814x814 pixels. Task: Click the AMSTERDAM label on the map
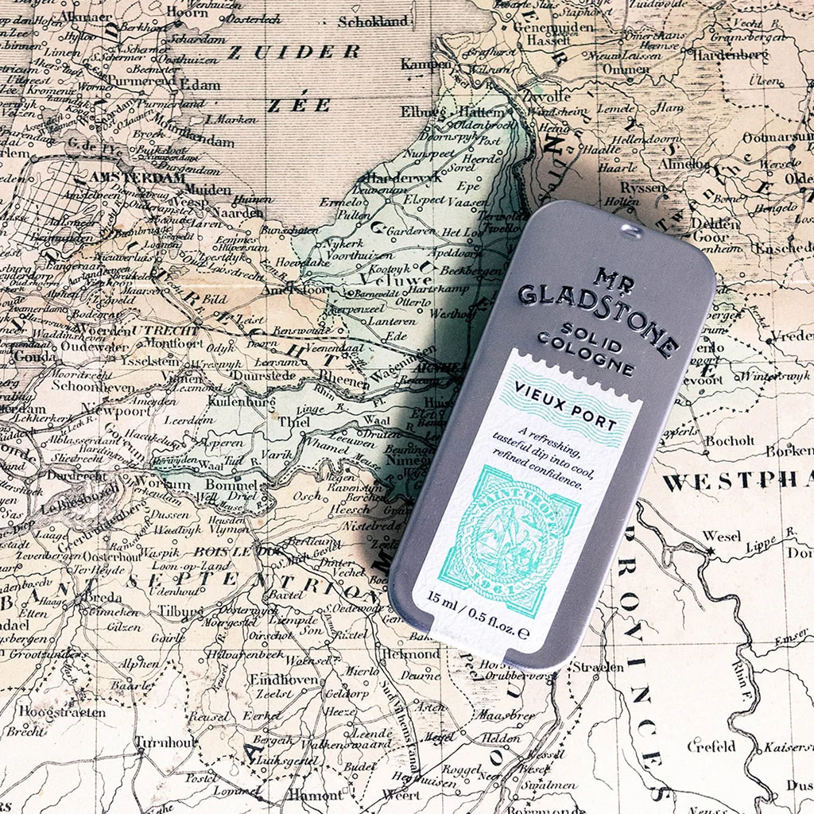pyautogui.click(x=138, y=178)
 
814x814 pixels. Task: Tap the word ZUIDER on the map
pyautogui.click(x=293, y=52)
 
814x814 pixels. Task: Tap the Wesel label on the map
pyautogui.click(x=722, y=536)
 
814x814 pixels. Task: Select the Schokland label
pyautogui.click(x=373, y=21)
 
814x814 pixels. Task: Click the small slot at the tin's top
pyautogui.click(x=630, y=231)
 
